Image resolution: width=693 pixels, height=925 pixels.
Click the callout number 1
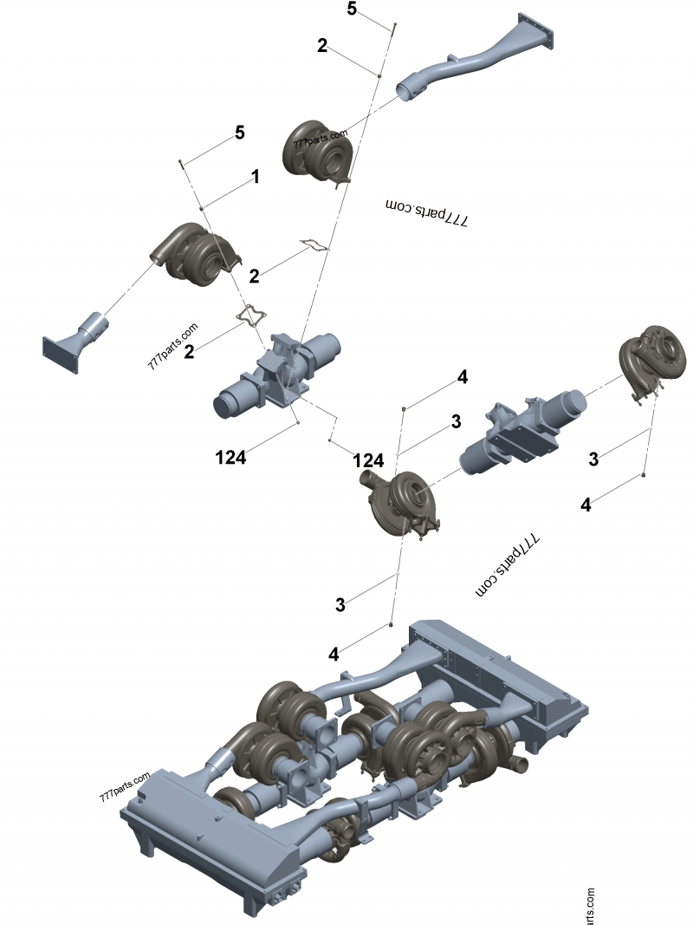pos(256,177)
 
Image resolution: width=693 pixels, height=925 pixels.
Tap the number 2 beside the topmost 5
pos(322,46)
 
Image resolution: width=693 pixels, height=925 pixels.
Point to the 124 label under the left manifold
pos(231,457)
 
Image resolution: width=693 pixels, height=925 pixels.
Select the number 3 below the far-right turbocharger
pos(593,459)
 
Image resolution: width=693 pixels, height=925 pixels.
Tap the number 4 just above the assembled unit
pos(334,655)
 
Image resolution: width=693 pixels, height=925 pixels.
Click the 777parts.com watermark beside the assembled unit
pos(126,785)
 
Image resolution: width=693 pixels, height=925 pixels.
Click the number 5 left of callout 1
pos(240,133)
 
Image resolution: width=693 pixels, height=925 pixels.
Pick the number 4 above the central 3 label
pos(463,377)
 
